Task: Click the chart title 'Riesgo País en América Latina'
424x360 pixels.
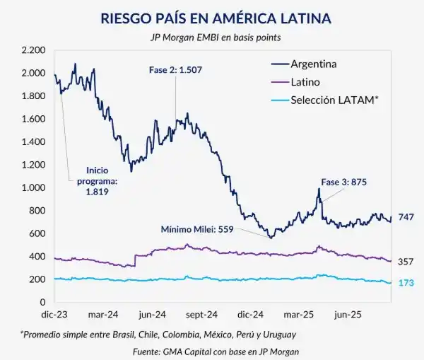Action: pos(211,17)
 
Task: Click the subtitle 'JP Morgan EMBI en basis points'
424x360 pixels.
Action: pos(211,37)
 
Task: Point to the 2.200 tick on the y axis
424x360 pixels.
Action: pos(33,50)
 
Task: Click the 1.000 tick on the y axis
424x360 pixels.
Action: pos(33,188)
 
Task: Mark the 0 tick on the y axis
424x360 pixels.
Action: pos(42,303)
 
